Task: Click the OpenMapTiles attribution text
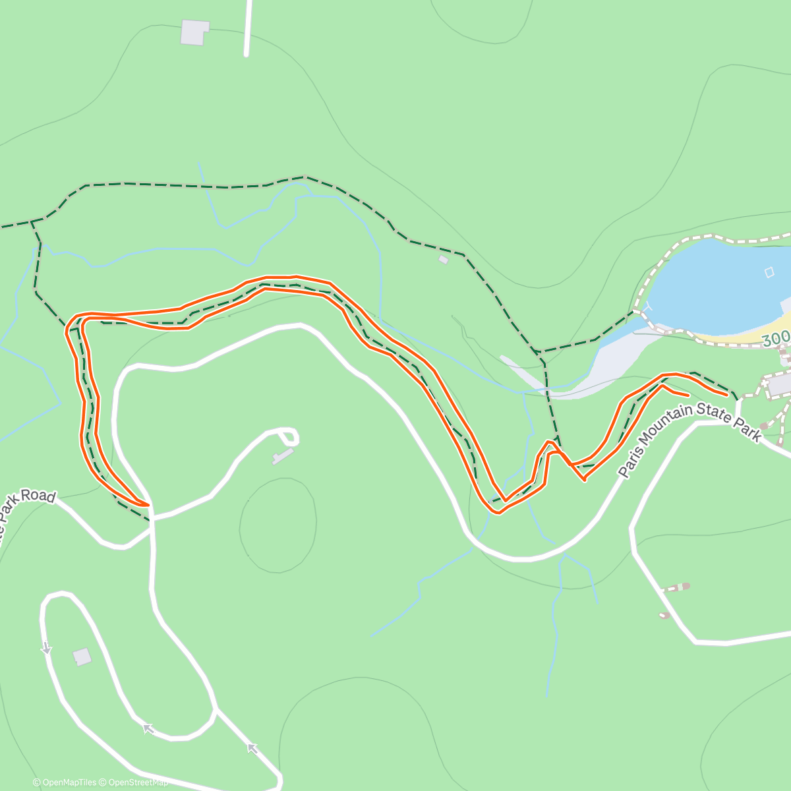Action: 65,782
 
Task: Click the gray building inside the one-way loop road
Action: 82,657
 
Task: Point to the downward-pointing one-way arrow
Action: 46,649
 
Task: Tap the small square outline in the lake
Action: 769,272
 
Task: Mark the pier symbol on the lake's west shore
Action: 650,307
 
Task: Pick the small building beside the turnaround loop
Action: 281,456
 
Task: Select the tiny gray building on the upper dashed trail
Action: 443,260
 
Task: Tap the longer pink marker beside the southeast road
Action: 676,587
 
